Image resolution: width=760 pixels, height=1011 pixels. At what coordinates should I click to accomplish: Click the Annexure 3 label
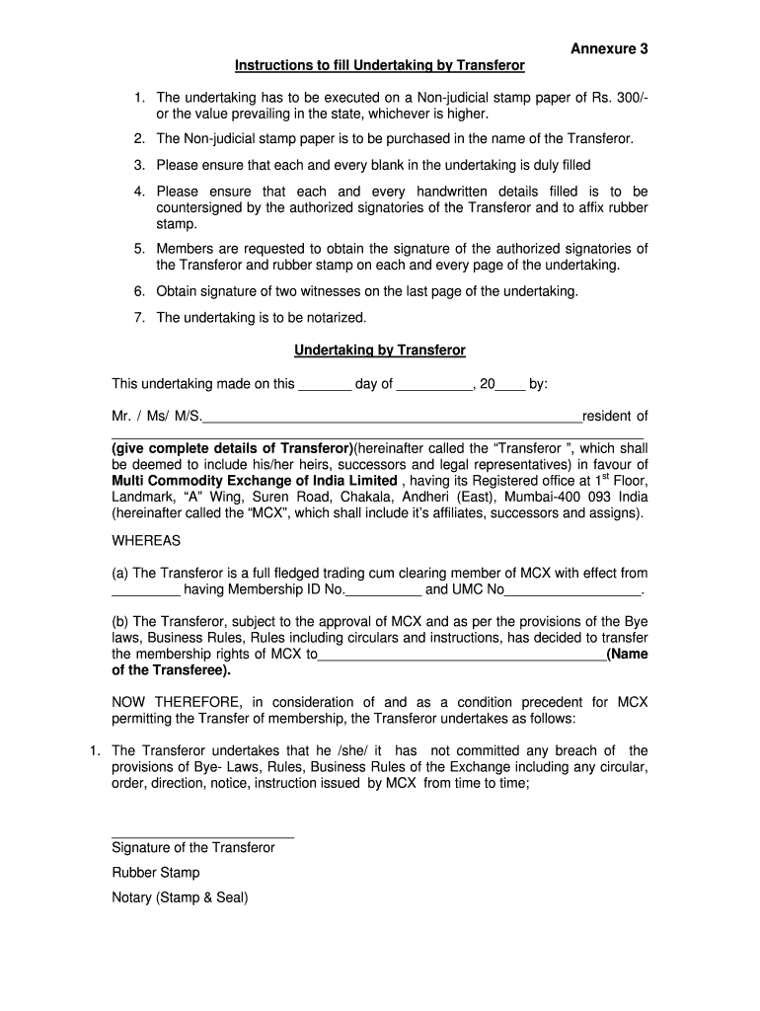(x=609, y=48)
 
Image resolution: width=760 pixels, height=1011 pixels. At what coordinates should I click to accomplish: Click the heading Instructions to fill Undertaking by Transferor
(x=379, y=65)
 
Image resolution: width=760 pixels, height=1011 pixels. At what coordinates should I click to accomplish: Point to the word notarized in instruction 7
(x=332, y=318)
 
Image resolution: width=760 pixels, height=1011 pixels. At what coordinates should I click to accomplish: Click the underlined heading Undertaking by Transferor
(x=380, y=350)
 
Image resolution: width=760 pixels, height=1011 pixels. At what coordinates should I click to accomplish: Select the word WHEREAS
(x=146, y=541)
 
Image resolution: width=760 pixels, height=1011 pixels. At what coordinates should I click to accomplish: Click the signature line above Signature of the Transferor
(x=202, y=836)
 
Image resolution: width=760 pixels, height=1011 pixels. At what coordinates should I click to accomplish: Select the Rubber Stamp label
(x=156, y=873)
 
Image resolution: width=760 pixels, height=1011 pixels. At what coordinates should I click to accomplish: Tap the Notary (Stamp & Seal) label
(x=180, y=897)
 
